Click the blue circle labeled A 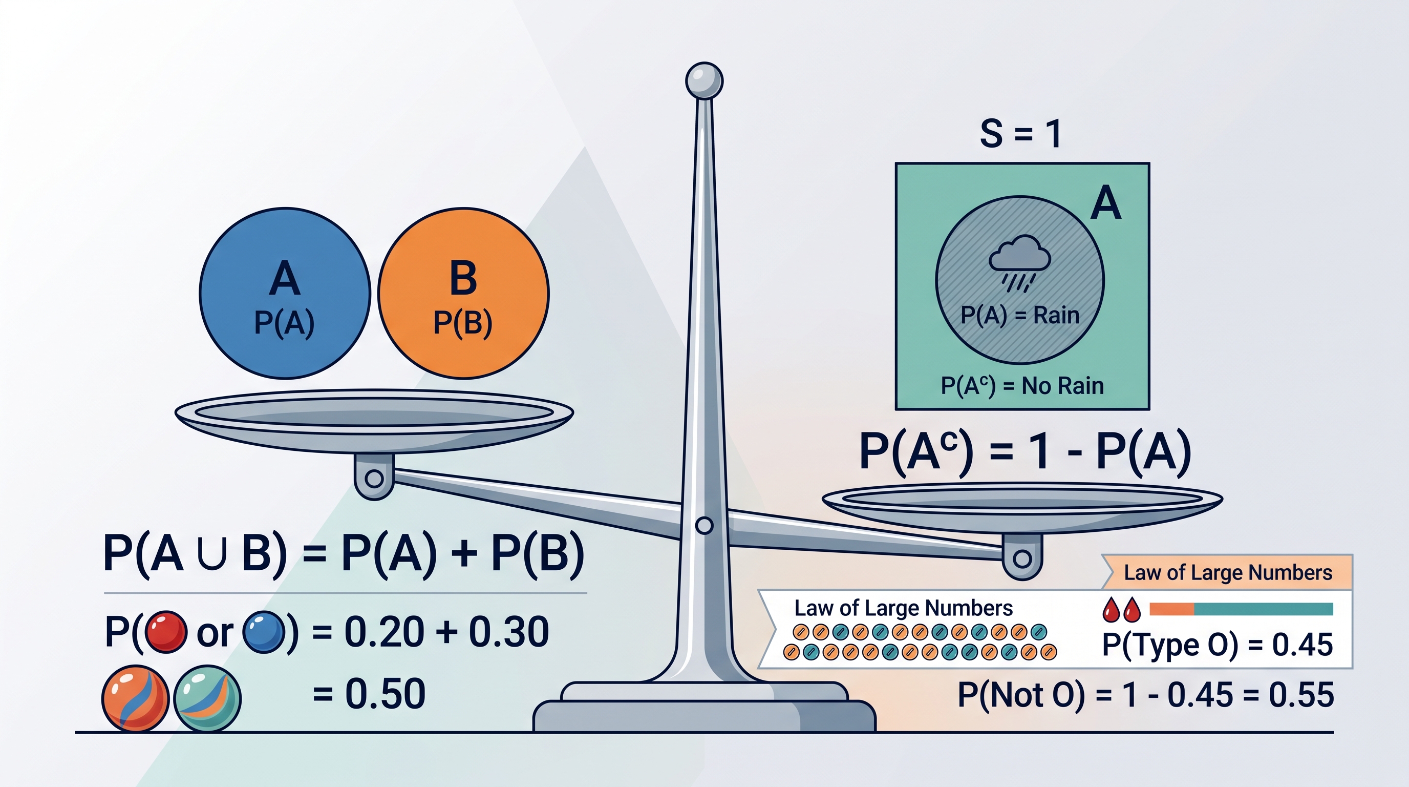point(285,294)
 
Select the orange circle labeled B point(463,294)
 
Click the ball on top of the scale point(705,81)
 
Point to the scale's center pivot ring point(704,525)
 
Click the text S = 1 point(1020,134)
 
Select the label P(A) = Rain point(1020,315)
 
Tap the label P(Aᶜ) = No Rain point(1022,386)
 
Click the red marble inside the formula point(166,632)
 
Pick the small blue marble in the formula point(264,632)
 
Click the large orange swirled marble point(135,698)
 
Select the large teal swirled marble point(207,698)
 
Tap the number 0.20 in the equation point(384,632)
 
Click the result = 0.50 point(369,694)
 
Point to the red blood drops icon point(1121,609)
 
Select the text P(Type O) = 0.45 point(1217,645)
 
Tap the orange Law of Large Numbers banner point(1227,572)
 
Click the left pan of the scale point(374,421)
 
